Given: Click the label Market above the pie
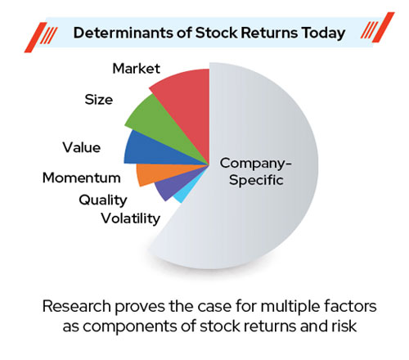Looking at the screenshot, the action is pyautogui.click(x=137, y=68).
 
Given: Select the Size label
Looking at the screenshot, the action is pyautogui.click(x=99, y=99).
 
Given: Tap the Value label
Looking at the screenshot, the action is pyautogui.click(x=82, y=147).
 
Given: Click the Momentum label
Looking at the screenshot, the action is pyautogui.click(x=82, y=178).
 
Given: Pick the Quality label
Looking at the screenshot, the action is pyautogui.click(x=103, y=200).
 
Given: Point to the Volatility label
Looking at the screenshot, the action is pyautogui.click(x=131, y=218).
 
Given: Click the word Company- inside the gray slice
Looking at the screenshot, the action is pyautogui.click(x=256, y=164).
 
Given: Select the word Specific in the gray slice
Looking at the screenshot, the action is pyautogui.click(x=256, y=181).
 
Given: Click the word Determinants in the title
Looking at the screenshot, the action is pyautogui.click(x=124, y=33).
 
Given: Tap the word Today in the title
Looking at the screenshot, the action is pyautogui.click(x=323, y=34).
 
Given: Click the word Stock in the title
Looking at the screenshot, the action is pyautogui.click(x=217, y=33).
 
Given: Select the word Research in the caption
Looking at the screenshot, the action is pyautogui.click(x=76, y=306).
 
